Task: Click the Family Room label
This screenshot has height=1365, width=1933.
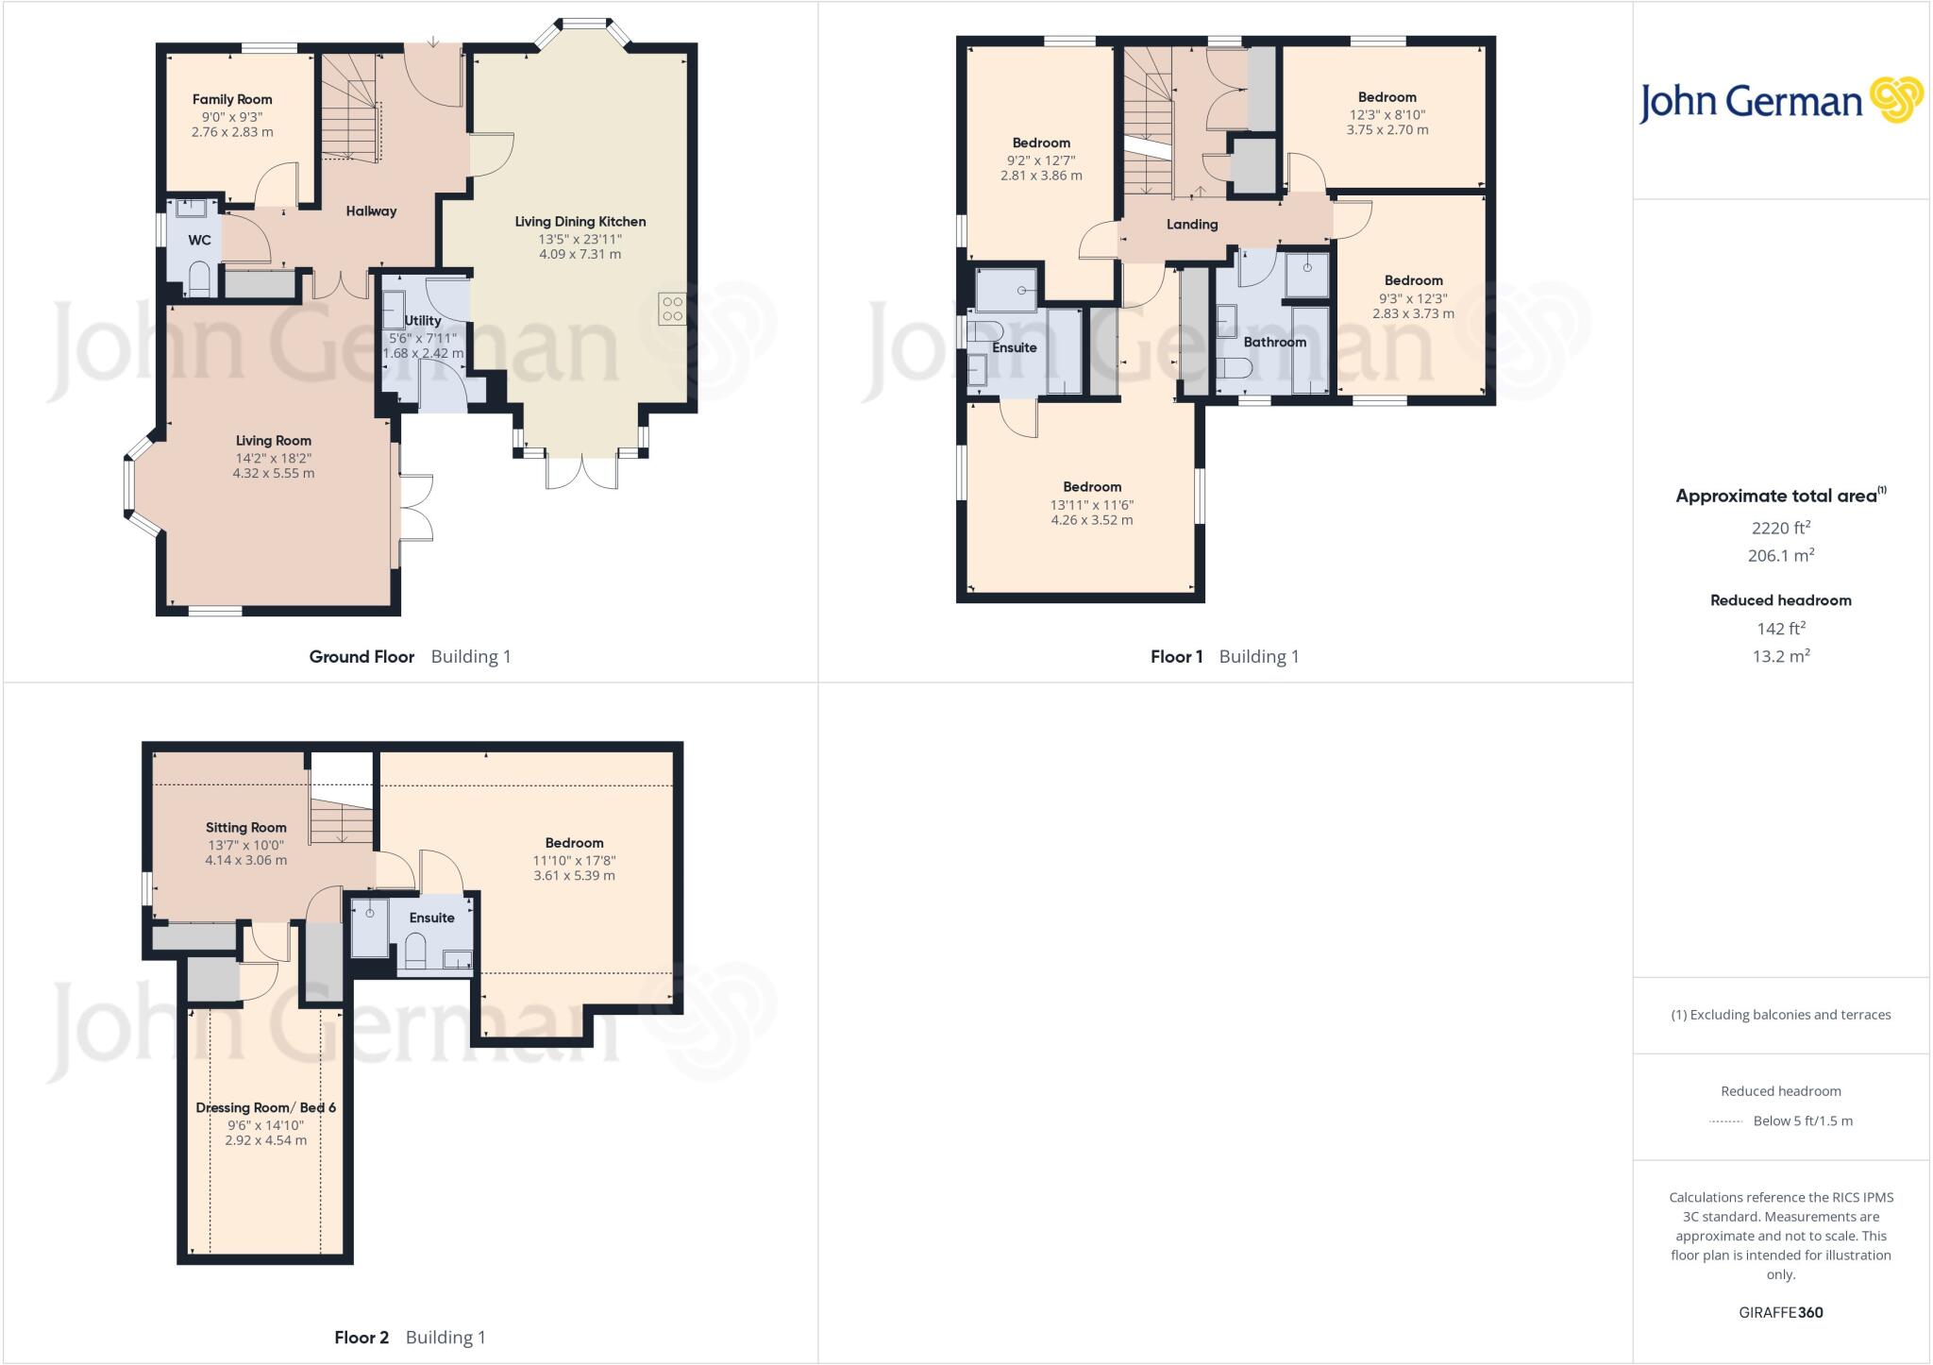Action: [232, 99]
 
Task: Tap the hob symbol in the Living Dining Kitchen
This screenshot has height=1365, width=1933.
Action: [672, 309]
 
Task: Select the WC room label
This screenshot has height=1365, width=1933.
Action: [199, 240]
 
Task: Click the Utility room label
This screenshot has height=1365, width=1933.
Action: [423, 320]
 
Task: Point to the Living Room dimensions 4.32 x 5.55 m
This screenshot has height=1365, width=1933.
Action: [274, 473]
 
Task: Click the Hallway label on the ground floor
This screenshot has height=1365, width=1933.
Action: [371, 211]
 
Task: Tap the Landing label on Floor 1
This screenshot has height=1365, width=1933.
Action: [1192, 224]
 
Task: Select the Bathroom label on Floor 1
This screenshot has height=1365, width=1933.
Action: [1274, 342]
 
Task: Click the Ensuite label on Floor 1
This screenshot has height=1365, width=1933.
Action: [1015, 347]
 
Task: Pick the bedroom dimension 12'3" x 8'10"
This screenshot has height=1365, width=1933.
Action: [1387, 114]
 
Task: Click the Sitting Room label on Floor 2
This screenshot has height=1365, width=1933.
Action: [245, 827]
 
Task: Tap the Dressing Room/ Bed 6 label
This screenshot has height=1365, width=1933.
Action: [266, 1107]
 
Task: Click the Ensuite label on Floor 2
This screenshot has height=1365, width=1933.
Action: [431, 918]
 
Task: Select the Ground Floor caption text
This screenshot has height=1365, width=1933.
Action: [361, 656]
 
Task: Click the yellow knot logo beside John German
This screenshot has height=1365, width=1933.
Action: [1896, 100]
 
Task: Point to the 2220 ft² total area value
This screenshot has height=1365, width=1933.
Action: [1780, 528]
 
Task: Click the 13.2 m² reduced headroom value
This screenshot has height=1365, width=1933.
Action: [1780, 656]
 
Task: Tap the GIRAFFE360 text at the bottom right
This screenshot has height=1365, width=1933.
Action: [1780, 1312]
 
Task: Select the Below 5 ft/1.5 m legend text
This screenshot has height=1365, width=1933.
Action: [1802, 1121]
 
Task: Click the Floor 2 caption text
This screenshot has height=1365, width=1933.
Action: [361, 1337]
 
